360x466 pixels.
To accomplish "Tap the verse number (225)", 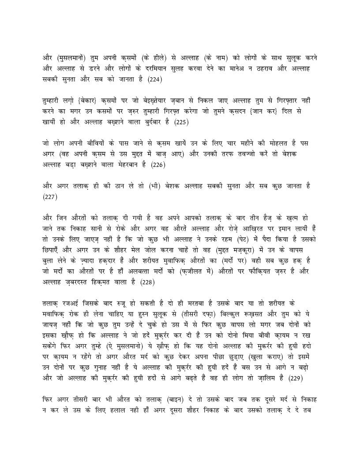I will tap(181, 123).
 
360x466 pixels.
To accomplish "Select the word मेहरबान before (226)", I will tap(127, 166).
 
